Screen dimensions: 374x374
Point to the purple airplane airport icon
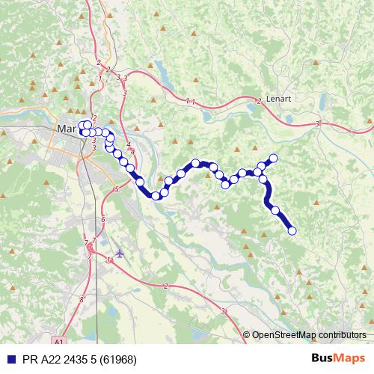click(120, 252)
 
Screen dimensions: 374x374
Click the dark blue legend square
click(7, 357)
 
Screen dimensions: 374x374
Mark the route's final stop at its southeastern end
click(292, 230)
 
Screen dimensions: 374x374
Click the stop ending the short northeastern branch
click(274, 158)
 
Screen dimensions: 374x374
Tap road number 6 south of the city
click(102, 219)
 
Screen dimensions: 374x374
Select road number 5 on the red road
click(117, 190)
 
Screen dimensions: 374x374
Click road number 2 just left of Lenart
click(258, 100)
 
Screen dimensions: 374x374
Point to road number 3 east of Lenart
click(318, 123)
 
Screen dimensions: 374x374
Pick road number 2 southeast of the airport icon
click(165, 286)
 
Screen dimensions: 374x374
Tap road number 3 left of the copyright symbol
click(224, 310)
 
